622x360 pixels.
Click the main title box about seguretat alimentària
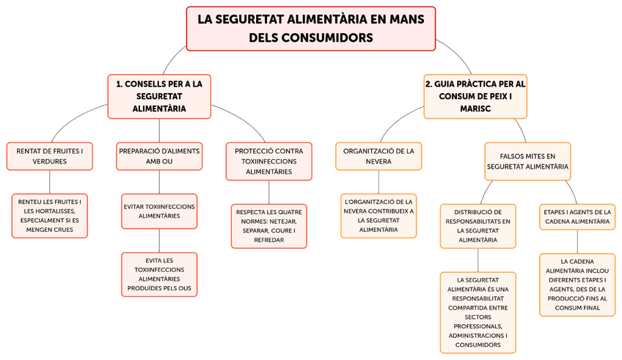tap(311, 29)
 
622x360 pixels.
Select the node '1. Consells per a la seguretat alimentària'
tap(159, 96)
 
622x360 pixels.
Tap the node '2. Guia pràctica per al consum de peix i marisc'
tap(476, 96)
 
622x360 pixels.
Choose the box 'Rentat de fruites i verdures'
tap(50, 155)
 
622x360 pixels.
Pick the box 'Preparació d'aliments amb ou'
tap(160, 155)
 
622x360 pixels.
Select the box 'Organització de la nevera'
tap(378, 155)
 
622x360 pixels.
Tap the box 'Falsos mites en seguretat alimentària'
tap(527, 161)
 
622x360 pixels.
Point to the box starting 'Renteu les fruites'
tap(50, 216)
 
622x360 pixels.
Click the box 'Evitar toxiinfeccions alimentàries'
tap(159, 211)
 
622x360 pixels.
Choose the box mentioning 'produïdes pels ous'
tap(159, 274)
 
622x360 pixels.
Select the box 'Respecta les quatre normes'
tap(268, 226)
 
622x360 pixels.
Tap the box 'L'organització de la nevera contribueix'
tap(378, 216)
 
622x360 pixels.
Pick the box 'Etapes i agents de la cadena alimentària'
tap(577, 216)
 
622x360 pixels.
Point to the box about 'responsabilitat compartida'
tap(478, 311)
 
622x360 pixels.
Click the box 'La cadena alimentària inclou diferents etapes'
tap(577, 284)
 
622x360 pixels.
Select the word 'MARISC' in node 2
tap(476, 109)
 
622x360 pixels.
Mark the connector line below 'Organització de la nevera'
tap(378, 182)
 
